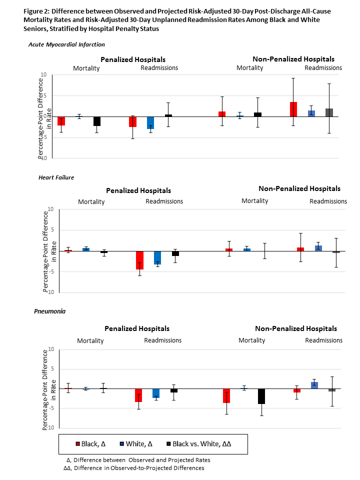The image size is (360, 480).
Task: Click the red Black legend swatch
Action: (78, 444)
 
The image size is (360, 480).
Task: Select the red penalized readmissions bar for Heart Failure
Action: (140, 260)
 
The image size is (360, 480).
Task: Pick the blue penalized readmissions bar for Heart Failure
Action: (157, 257)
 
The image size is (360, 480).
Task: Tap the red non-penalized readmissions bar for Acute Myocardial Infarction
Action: (293, 109)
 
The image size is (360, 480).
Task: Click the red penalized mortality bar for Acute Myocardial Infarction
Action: (61, 121)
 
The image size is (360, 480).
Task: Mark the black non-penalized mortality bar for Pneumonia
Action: (261, 396)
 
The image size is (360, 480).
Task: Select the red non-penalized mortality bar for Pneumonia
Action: (226, 395)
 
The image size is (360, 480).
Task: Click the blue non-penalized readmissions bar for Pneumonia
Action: (314, 385)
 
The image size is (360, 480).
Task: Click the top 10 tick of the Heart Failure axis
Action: (50, 209)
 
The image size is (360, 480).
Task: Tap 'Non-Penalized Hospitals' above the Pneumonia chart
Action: (296, 329)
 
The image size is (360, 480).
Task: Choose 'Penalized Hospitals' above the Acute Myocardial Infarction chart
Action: (133, 59)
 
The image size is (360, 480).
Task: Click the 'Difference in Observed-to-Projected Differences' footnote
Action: (139, 468)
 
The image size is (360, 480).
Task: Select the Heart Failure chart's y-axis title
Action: (46, 251)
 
